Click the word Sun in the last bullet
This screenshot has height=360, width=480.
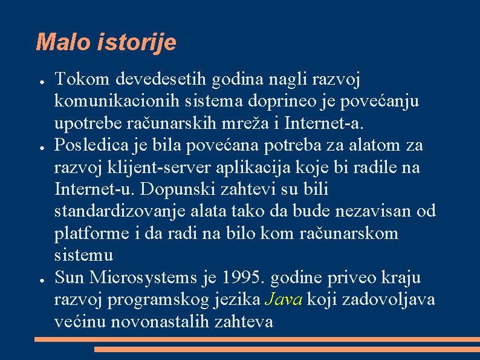point(70,278)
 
